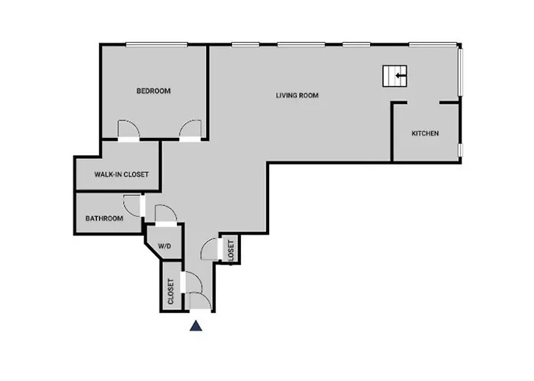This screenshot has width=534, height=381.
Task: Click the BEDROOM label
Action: coord(153,91)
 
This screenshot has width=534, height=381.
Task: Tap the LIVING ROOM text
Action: coord(297,95)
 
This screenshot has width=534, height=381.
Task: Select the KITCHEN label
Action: coord(425,133)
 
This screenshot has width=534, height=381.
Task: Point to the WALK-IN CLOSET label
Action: coord(121,174)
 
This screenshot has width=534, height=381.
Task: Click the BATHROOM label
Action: coord(105,219)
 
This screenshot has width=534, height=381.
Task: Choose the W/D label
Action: coord(165,246)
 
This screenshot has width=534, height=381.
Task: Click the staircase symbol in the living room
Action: coord(394,76)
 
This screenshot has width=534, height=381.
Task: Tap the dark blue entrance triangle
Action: coord(196,325)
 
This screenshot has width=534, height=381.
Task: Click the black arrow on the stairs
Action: coord(400,75)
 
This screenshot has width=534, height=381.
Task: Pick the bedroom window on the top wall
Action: coord(156,44)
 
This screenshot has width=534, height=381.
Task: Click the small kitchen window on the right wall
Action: coord(460,149)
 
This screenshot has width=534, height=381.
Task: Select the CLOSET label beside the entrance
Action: coord(171,292)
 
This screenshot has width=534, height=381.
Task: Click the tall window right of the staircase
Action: coord(460,72)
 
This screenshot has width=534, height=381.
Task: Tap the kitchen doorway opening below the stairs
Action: coord(423,102)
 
